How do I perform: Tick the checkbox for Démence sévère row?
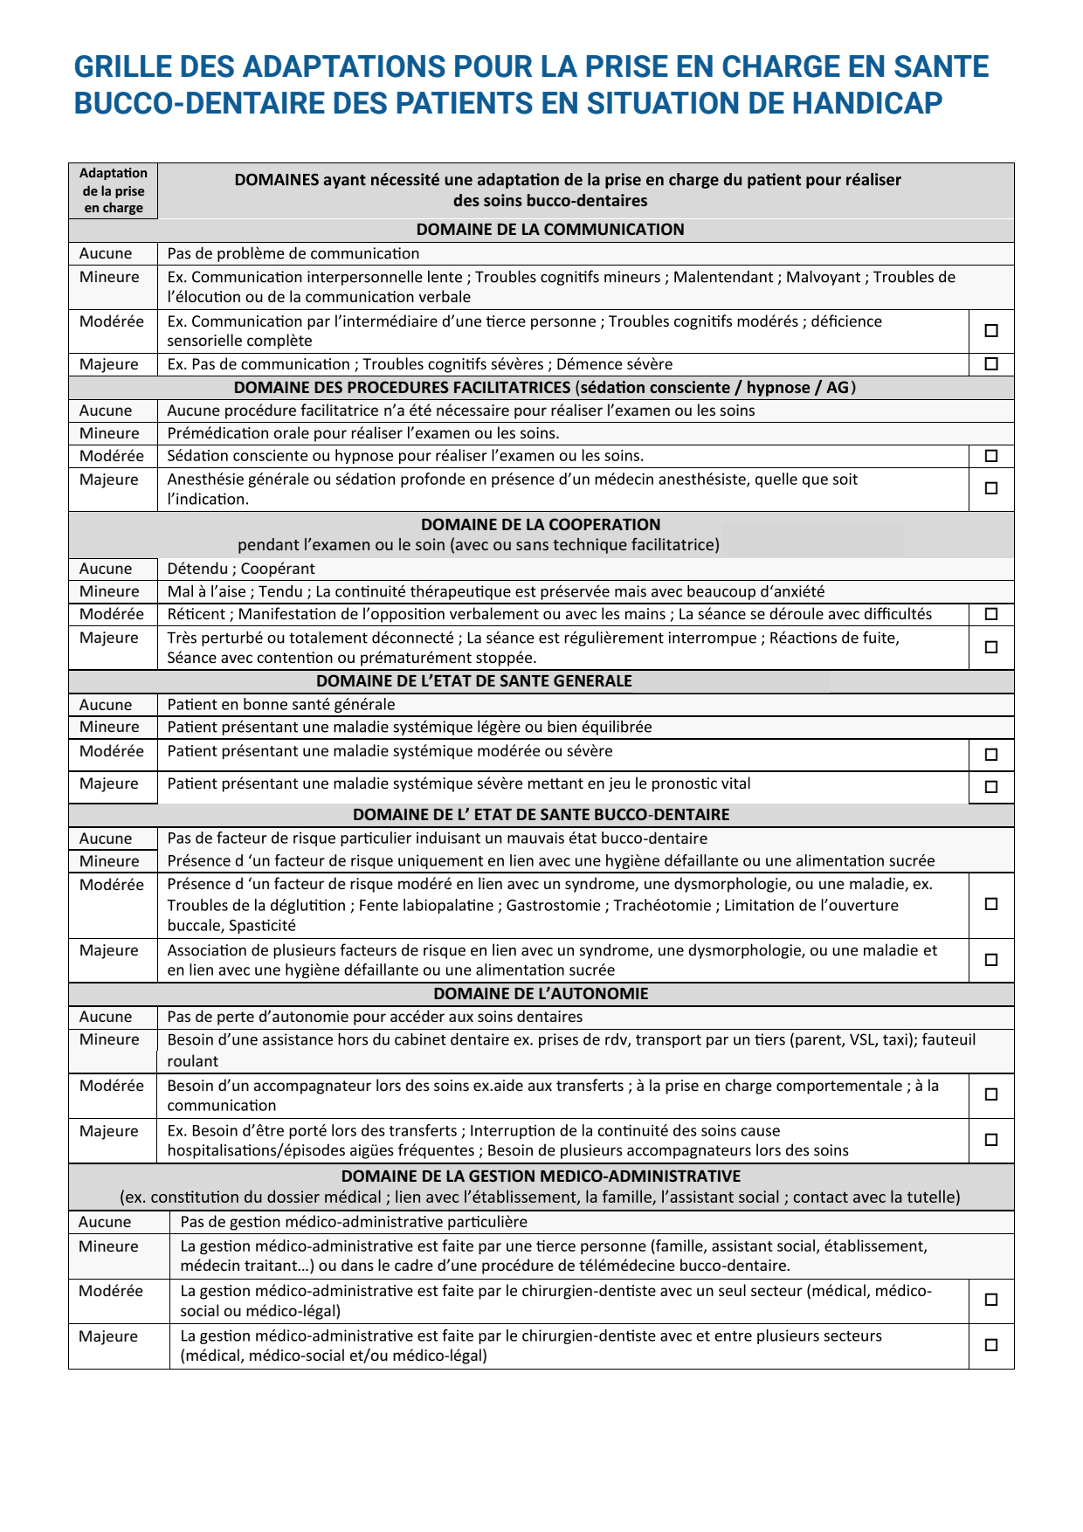(991, 364)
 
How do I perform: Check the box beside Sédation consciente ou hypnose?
(991, 456)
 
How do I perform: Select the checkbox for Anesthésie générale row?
(991, 488)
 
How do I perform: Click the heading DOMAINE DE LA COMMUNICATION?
(550, 230)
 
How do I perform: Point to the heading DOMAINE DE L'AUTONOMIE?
(541, 994)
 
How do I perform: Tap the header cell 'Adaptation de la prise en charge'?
(114, 190)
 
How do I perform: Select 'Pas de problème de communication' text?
(293, 253)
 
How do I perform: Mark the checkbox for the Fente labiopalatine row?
(991, 904)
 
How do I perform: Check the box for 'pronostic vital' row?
(991, 787)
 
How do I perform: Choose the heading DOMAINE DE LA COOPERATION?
(541, 525)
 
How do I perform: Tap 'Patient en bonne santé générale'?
(281, 705)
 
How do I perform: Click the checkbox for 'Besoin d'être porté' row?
(991, 1140)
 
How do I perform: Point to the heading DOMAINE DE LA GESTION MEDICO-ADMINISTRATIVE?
(541, 1177)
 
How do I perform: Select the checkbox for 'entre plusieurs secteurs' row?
(991, 1345)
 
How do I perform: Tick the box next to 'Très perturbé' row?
(991, 647)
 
